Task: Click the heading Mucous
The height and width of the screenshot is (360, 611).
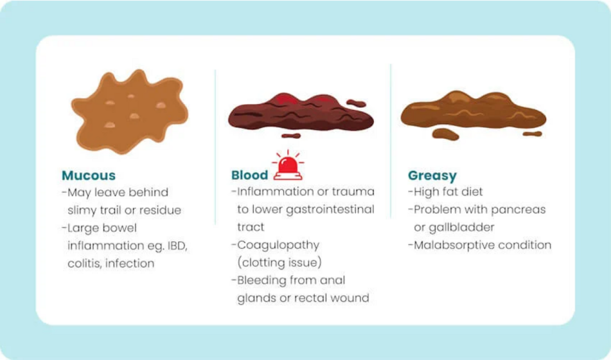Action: coord(89,175)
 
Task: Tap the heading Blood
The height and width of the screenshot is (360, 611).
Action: coord(249,175)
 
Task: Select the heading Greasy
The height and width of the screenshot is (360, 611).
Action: coord(432,175)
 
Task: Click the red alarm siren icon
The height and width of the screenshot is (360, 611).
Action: coord(288,166)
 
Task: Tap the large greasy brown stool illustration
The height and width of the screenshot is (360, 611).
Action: coord(473,112)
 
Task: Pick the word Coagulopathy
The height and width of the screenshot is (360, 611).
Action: coord(278,245)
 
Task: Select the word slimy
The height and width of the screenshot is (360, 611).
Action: coord(84,210)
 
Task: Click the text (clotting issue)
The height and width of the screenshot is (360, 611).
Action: coord(279,263)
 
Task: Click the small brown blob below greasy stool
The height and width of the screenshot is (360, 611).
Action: coord(445,134)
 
